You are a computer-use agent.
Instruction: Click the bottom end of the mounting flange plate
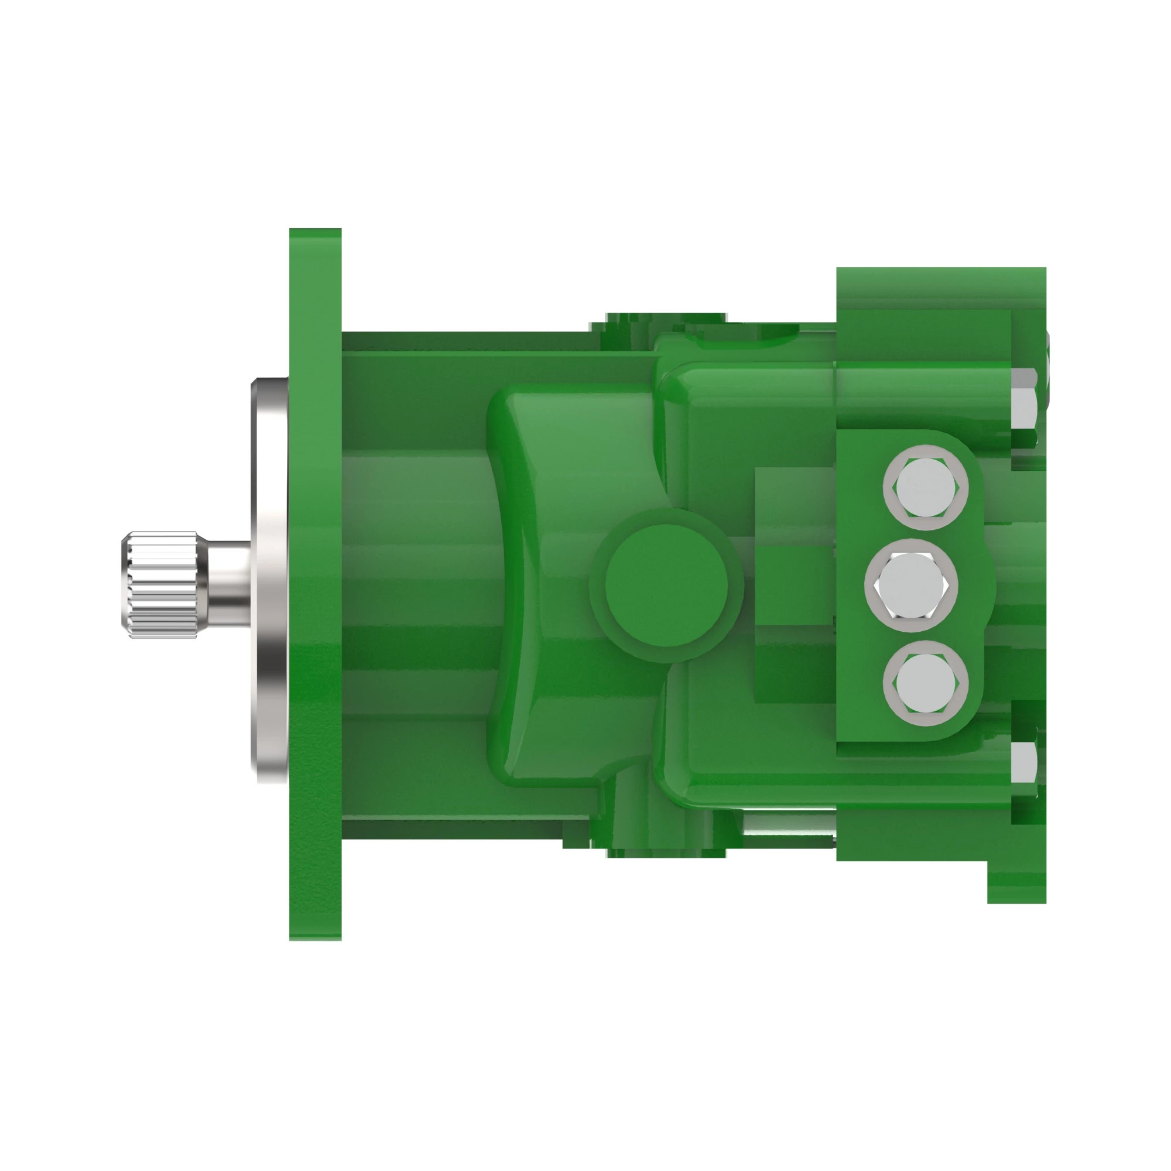pyautogui.click(x=314, y=915)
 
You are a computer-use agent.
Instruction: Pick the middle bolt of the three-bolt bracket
pyautogui.click(x=911, y=585)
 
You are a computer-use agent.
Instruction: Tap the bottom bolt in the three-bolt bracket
pyautogui.click(x=925, y=683)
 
